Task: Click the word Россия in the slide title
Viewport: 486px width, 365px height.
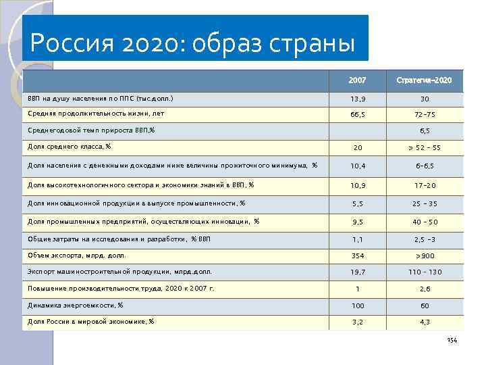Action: coord(70,44)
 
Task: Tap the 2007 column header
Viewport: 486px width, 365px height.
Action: coord(358,80)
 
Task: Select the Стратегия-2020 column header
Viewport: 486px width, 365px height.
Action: coord(425,80)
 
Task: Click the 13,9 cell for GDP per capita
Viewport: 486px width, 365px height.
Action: coord(358,99)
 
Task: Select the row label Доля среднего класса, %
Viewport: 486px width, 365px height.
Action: coord(70,147)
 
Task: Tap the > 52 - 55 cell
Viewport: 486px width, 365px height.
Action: coord(425,148)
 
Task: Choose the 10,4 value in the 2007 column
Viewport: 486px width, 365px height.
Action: coord(358,166)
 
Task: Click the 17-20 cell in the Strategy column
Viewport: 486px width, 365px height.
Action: coord(425,185)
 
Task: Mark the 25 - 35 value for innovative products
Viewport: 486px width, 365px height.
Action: coord(425,203)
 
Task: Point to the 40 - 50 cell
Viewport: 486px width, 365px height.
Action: coord(425,222)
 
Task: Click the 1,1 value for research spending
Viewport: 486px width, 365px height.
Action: coord(358,239)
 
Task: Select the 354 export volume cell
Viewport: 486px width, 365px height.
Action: coord(358,256)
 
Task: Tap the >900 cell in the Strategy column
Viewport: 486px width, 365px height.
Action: coord(425,256)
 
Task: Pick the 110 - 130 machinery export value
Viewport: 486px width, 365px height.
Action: coord(425,272)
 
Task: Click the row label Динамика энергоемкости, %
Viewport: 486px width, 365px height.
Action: coord(76,305)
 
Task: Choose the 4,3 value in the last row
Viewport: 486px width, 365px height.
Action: coord(425,322)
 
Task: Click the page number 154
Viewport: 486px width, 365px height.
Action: coord(452,340)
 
